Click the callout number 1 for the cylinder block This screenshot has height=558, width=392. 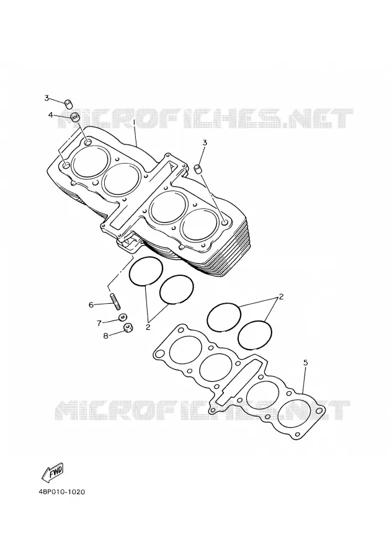[134, 122]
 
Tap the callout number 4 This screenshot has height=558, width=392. [51, 115]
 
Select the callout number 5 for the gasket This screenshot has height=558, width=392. [305, 363]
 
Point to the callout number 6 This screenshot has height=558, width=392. [91, 304]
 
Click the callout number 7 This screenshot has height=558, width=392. [99, 323]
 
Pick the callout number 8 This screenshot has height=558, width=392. [105, 335]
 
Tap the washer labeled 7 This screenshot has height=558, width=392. [123, 317]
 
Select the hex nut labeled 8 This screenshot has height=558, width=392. [128, 327]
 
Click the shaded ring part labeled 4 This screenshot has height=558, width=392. [75, 117]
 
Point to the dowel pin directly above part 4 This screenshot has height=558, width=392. [68, 104]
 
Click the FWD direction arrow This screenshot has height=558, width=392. [53, 472]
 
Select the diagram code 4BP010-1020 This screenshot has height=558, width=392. [62, 492]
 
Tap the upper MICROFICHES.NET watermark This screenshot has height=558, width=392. [205, 118]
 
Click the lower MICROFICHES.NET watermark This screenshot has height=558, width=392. [203, 410]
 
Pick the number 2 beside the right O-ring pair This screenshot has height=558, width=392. [281, 297]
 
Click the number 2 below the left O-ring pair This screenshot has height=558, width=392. [148, 327]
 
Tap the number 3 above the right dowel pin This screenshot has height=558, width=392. [204, 143]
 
